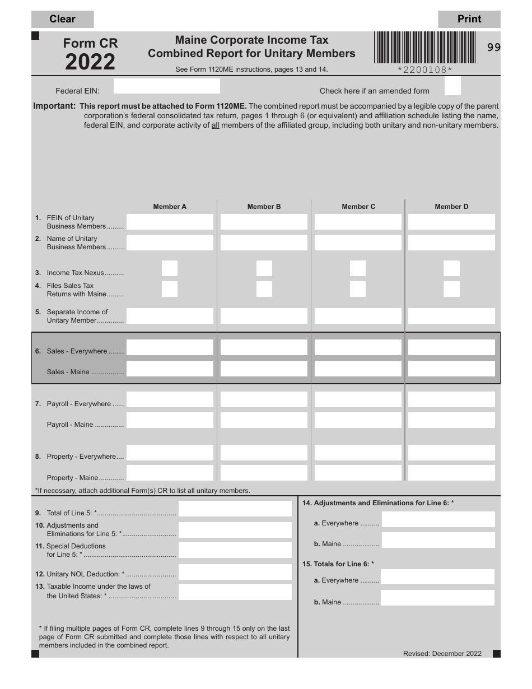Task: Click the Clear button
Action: click(62, 19)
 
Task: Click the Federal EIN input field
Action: click(166, 86)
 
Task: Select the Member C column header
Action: click(358, 207)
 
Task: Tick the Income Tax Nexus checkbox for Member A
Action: click(170, 268)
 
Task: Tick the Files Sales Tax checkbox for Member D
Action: click(451, 289)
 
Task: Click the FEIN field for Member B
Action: click(264, 222)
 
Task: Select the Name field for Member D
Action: click(451, 243)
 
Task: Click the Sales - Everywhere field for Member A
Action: click(170, 347)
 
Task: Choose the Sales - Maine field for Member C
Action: click(358, 369)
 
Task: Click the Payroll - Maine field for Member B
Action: click(264, 421)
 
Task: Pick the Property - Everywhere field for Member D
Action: click(451, 453)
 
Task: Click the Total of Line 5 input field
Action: click(235, 509)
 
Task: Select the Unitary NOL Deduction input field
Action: click(235, 572)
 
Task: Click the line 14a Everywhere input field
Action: click(438, 519)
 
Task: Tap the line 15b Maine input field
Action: click(438, 598)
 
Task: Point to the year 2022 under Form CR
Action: click(90, 62)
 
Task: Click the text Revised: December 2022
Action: click(442, 654)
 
